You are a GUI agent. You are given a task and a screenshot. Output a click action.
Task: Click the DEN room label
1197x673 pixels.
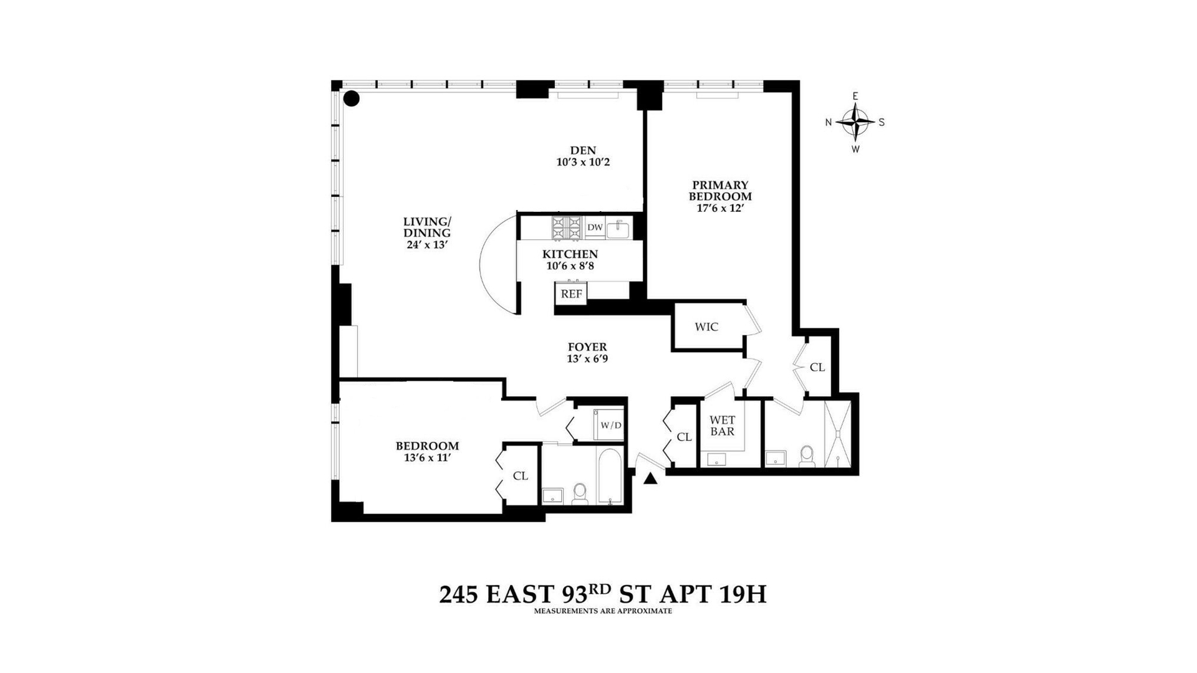[x=583, y=150]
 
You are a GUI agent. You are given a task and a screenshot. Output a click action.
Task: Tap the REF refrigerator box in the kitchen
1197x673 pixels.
[x=571, y=294]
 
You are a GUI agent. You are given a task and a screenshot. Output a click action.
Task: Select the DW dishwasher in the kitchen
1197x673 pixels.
[x=595, y=227]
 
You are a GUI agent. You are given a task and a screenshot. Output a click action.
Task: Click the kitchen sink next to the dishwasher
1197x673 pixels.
[x=618, y=228]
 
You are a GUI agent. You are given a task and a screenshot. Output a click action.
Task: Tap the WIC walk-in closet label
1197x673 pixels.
[x=706, y=327]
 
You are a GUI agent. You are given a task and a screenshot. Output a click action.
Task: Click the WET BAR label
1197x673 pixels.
[x=722, y=426]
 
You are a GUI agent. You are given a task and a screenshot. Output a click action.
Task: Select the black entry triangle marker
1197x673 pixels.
[x=651, y=478]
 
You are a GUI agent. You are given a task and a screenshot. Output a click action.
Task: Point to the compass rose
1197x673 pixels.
[x=855, y=122]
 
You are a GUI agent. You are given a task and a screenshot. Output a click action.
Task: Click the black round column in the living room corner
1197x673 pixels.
[x=352, y=98]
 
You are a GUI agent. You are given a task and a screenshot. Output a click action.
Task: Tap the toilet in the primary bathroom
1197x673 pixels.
[x=807, y=456]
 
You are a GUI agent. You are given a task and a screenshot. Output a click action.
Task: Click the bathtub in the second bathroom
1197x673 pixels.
[x=609, y=476]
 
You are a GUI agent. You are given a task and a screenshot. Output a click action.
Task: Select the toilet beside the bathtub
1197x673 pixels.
[x=580, y=493]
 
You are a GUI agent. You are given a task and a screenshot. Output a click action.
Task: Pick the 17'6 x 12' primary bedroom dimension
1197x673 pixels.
[x=720, y=208]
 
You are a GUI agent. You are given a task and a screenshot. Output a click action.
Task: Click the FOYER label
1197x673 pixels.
[x=587, y=347]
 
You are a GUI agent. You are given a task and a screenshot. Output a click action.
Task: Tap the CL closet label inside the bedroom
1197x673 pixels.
[x=521, y=475]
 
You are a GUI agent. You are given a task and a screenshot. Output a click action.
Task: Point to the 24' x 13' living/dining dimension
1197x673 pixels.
[x=427, y=245]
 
